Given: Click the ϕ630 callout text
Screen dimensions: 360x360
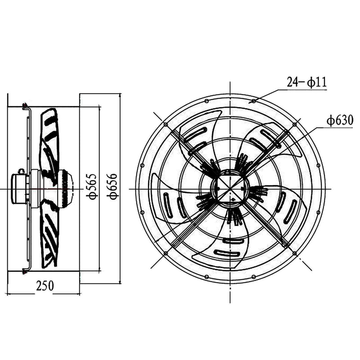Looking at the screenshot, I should pos(340,121).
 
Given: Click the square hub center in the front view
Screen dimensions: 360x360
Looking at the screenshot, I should pos(230,189).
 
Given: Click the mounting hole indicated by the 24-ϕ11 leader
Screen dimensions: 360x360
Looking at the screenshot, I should pos(254,101).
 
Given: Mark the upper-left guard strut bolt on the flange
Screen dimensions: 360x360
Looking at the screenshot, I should pos(166,125).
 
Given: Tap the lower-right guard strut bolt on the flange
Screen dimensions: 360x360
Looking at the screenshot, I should pos(294,253).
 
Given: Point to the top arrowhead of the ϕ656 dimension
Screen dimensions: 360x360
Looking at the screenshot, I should pos(120,96).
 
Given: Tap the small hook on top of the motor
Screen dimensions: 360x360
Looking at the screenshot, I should pos(21,171).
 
